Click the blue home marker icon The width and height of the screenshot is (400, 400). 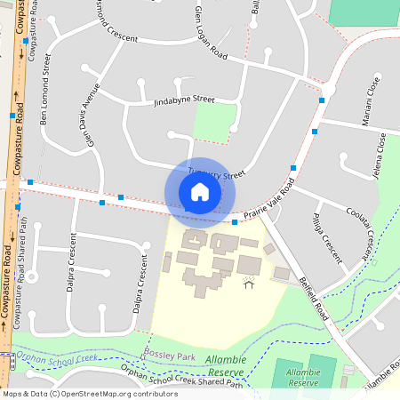tap(200, 192)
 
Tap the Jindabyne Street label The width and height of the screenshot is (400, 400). tap(185, 100)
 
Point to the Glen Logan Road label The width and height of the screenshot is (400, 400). tap(211, 36)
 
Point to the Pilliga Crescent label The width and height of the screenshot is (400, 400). tap(326, 237)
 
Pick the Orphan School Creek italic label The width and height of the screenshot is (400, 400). tap(53, 359)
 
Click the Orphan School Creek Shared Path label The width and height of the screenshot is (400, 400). tap(181, 379)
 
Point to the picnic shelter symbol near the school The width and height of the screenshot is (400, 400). tap(248, 284)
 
